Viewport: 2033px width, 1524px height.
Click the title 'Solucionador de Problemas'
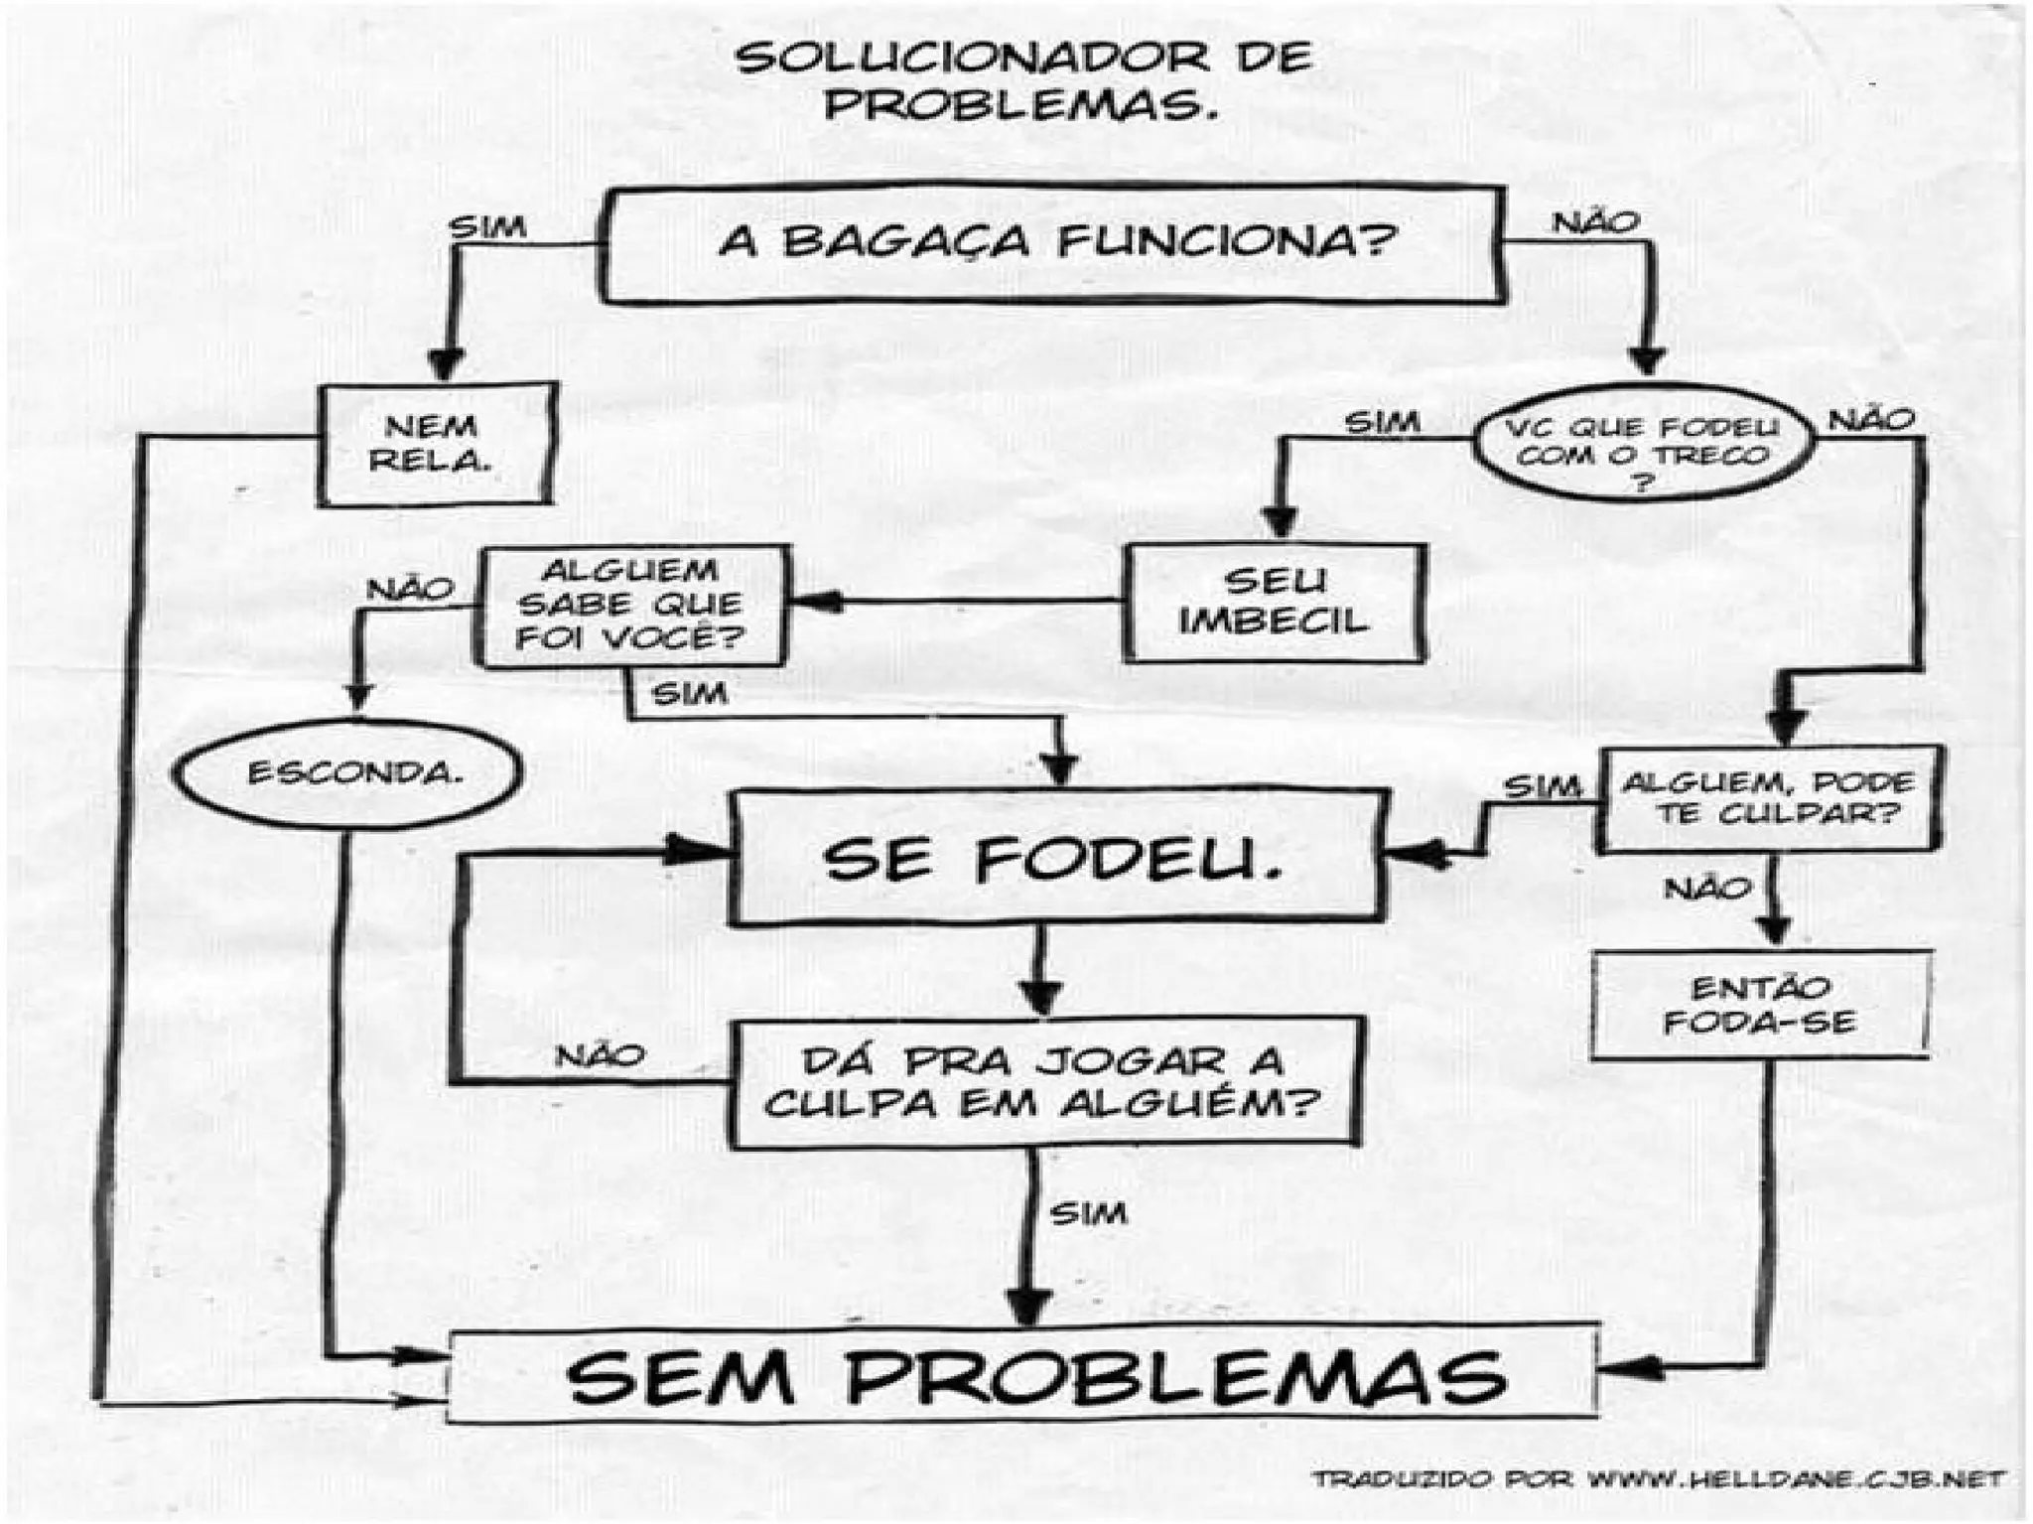(x=1022, y=79)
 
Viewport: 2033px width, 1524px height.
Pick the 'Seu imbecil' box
(x=1275, y=603)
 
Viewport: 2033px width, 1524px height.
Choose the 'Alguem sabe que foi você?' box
(x=633, y=605)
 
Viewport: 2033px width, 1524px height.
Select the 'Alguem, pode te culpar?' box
(x=1768, y=798)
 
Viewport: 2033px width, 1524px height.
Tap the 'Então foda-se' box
(x=1759, y=1005)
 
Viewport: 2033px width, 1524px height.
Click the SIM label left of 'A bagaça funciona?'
(x=486, y=227)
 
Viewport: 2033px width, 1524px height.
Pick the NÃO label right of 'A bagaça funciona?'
(x=1595, y=222)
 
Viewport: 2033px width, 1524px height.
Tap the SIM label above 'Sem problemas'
(x=1088, y=1213)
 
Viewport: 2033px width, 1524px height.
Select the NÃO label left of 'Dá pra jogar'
(x=600, y=1055)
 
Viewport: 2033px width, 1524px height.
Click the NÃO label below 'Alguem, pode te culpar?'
(x=1707, y=888)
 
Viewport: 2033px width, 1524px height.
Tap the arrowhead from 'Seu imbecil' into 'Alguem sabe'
(x=816, y=601)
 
